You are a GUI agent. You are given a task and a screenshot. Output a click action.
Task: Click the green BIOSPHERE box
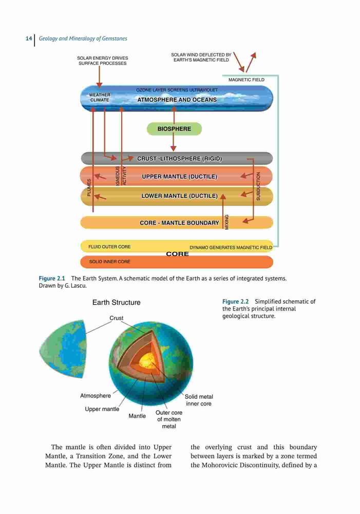[x=174, y=129]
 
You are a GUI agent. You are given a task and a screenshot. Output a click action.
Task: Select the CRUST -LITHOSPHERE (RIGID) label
[x=180, y=159]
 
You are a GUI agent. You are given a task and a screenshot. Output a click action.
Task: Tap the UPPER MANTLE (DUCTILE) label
[x=180, y=177]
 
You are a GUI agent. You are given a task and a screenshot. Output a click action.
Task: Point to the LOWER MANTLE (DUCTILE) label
[x=180, y=196]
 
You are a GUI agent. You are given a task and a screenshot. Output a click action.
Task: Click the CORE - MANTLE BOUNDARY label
[x=180, y=223]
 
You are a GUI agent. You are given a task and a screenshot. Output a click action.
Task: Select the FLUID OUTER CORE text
[x=109, y=247]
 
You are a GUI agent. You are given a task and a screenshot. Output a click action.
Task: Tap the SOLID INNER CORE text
[x=109, y=262]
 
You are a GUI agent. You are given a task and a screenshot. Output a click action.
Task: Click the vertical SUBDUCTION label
[x=258, y=186]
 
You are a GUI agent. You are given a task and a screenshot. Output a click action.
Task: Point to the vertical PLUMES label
[x=89, y=188]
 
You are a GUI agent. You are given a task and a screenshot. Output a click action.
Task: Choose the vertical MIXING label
[x=226, y=222]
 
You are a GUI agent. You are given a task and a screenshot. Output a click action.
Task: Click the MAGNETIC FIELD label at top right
[x=247, y=80]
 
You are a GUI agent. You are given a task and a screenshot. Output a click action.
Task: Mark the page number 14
[x=29, y=39]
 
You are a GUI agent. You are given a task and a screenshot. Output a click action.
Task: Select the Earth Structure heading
[x=116, y=303]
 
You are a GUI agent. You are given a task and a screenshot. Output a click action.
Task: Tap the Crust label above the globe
[x=116, y=318]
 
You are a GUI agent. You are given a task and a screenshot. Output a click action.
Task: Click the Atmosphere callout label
[x=96, y=396]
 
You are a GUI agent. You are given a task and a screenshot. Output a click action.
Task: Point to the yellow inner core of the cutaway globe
[x=147, y=361]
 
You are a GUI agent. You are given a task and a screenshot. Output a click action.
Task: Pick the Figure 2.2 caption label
[x=235, y=302]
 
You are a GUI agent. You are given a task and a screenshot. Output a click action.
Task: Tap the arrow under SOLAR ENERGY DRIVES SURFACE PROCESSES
[x=99, y=77]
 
